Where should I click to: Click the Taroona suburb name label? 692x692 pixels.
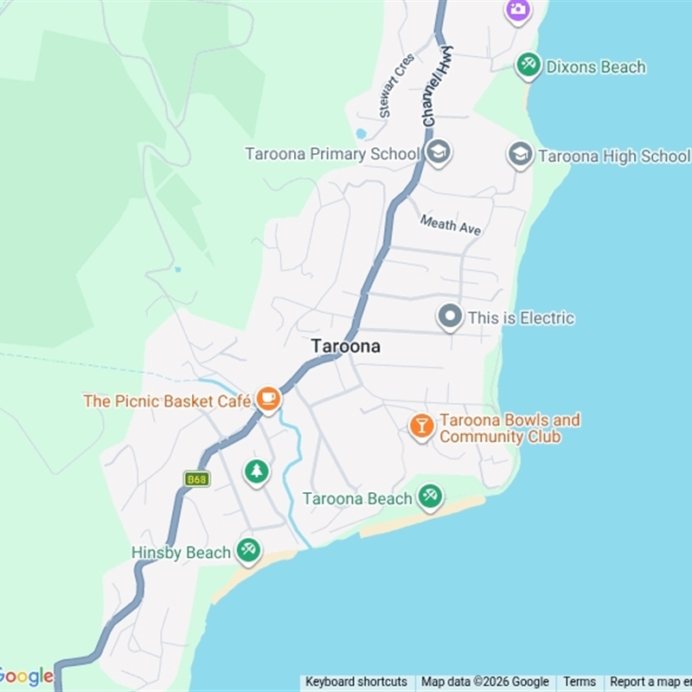[x=345, y=346]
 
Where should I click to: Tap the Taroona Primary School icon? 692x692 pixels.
[x=439, y=153]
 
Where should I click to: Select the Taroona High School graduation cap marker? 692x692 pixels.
[x=520, y=155]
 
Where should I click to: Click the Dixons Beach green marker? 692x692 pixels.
[x=528, y=65]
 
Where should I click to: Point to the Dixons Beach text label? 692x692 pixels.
[x=596, y=67]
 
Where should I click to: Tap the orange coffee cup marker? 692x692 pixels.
[x=268, y=399]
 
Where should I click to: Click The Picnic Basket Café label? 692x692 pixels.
[x=167, y=401]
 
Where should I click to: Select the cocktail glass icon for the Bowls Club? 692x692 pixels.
[x=421, y=426]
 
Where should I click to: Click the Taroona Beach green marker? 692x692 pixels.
[x=430, y=497]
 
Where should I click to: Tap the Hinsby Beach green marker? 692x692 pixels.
[x=248, y=550]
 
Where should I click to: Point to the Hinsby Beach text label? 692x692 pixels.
[x=181, y=553]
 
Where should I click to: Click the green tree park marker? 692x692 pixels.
[x=256, y=472]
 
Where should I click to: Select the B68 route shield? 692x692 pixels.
[x=197, y=478]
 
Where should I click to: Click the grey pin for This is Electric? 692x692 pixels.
[x=449, y=317]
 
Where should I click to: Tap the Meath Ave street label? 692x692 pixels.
[x=451, y=226]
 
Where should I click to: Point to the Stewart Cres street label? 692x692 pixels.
[x=395, y=86]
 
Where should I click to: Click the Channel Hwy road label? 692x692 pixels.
[x=439, y=86]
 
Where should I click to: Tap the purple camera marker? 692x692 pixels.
[x=517, y=10]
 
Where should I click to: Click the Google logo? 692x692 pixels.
[x=26, y=676]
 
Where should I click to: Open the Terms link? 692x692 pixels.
[x=580, y=682]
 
